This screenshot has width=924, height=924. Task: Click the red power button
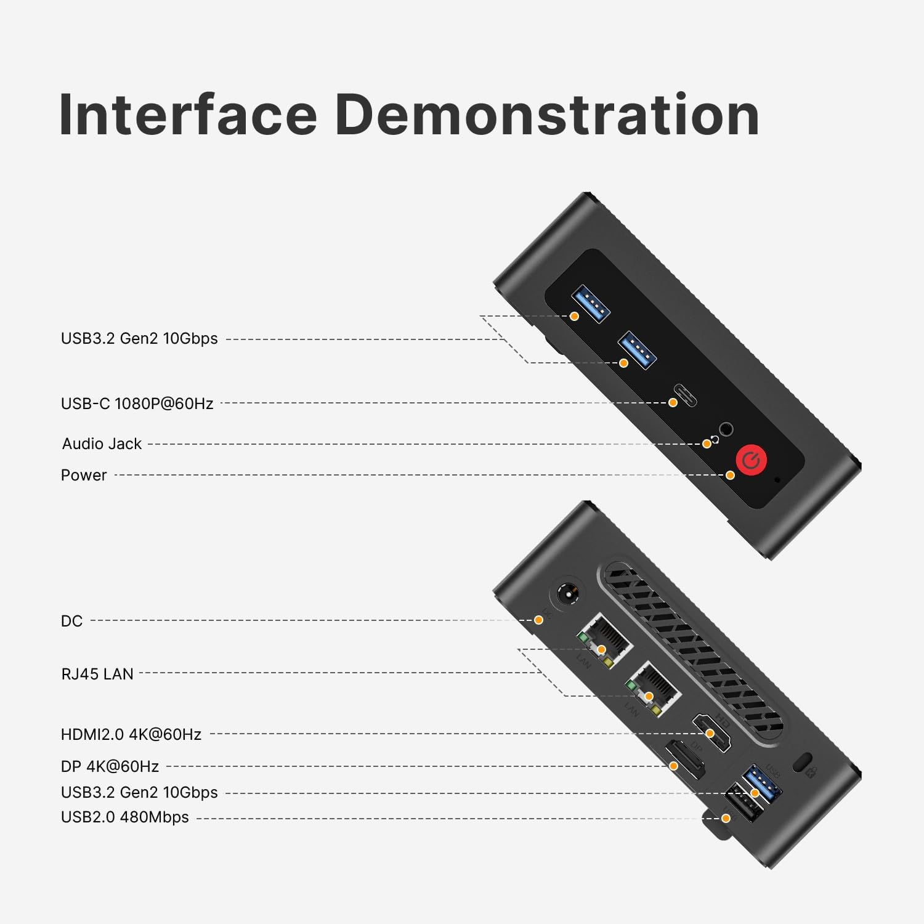click(x=751, y=460)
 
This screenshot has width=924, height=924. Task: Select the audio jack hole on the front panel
click(x=726, y=429)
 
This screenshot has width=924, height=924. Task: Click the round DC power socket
click(x=567, y=594)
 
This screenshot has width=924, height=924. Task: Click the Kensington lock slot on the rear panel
click(x=801, y=761)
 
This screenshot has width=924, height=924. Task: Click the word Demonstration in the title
click(x=547, y=115)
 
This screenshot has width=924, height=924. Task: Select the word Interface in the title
click(x=188, y=115)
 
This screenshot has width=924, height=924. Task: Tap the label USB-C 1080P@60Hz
click(x=137, y=403)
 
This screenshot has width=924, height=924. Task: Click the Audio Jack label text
click(x=102, y=444)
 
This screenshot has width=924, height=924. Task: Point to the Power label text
click(x=84, y=475)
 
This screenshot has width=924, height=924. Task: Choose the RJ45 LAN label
click(x=97, y=674)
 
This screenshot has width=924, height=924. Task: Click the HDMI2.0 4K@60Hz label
click(x=131, y=734)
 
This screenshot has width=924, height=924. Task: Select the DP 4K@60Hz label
click(x=110, y=766)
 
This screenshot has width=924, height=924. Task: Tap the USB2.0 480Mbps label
click(x=124, y=817)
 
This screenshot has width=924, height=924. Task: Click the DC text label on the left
click(x=71, y=621)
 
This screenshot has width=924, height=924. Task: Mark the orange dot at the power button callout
click(x=730, y=475)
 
